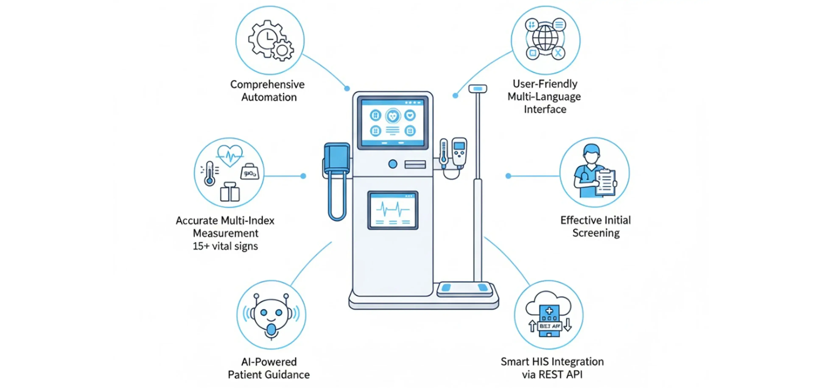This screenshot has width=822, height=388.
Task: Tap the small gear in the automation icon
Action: pyautogui.click(x=282, y=50)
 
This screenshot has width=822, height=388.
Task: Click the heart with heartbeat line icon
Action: pyautogui.click(x=230, y=155)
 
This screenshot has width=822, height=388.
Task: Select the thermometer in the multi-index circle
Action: pyautogui.click(x=209, y=173)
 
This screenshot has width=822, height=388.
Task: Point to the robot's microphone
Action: pyautogui.click(x=271, y=330)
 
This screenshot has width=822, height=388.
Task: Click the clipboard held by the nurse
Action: pyautogui.click(x=605, y=182)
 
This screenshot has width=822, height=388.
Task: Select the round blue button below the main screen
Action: pyautogui.click(x=393, y=164)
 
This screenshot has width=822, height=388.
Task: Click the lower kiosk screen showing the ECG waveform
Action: pyautogui.click(x=393, y=210)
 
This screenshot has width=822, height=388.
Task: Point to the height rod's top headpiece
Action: pyautogui.click(x=478, y=88)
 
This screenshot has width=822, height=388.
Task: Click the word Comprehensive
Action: pyautogui.click(x=267, y=85)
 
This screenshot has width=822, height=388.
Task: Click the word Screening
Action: pyautogui.click(x=596, y=233)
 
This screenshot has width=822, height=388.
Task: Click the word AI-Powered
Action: pyautogui.click(x=269, y=362)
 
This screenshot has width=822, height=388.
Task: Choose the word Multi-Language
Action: pyautogui.click(x=544, y=96)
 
